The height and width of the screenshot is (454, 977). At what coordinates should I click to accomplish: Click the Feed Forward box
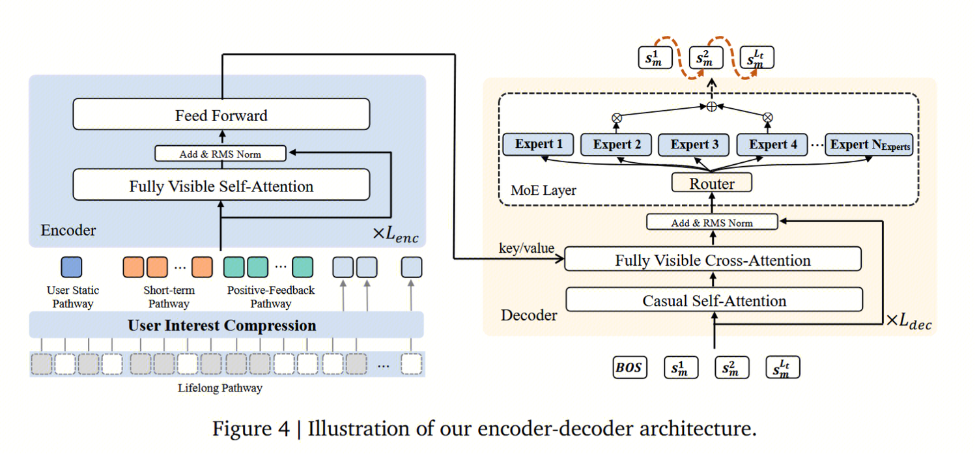click(x=221, y=115)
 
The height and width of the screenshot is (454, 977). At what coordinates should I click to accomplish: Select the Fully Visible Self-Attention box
click(x=221, y=186)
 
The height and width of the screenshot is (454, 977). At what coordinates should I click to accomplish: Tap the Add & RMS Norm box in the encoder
click(x=221, y=154)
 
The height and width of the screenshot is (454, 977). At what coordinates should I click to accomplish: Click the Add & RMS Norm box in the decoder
click(x=712, y=223)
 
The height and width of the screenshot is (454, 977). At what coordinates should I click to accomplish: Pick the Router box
click(x=712, y=184)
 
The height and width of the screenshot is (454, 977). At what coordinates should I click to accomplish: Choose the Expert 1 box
click(x=539, y=145)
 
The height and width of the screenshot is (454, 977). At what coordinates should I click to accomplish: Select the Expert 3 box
click(x=695, y=145)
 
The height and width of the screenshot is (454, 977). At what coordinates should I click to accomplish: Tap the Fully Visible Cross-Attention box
click(x=713, y=261)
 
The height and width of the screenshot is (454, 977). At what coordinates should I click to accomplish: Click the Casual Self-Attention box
click(x=714, y=301)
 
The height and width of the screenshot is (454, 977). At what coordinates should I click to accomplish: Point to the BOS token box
click(x=630, y=367)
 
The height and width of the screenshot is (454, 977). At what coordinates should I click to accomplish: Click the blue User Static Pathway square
click(x=71, y=267)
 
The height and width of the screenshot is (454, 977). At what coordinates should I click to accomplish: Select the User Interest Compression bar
click(x=222, y=325)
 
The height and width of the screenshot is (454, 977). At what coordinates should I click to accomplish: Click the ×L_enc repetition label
click(x=395, y=233)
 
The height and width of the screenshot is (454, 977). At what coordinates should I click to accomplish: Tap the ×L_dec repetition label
click(x=909, y=321)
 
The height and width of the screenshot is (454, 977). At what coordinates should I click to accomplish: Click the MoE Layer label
click(x=543, y=191)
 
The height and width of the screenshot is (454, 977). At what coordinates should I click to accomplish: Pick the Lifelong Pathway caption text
click(x=220, y=388)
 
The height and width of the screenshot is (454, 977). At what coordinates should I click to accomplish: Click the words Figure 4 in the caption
click(x=249, y=429)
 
